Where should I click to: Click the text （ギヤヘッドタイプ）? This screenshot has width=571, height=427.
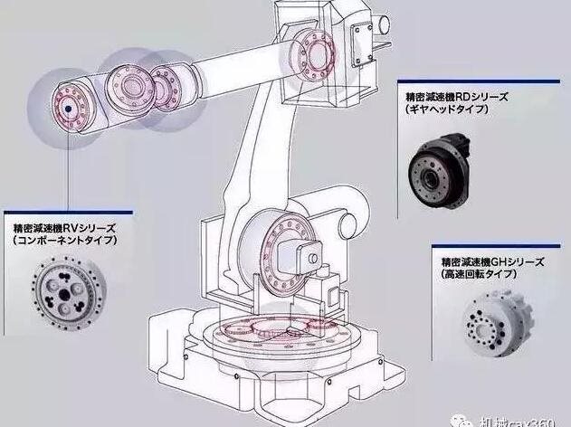[449, 109]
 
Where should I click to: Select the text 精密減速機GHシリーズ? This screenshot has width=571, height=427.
[494, 260]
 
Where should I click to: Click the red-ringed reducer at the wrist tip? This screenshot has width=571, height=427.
[66, 106]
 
